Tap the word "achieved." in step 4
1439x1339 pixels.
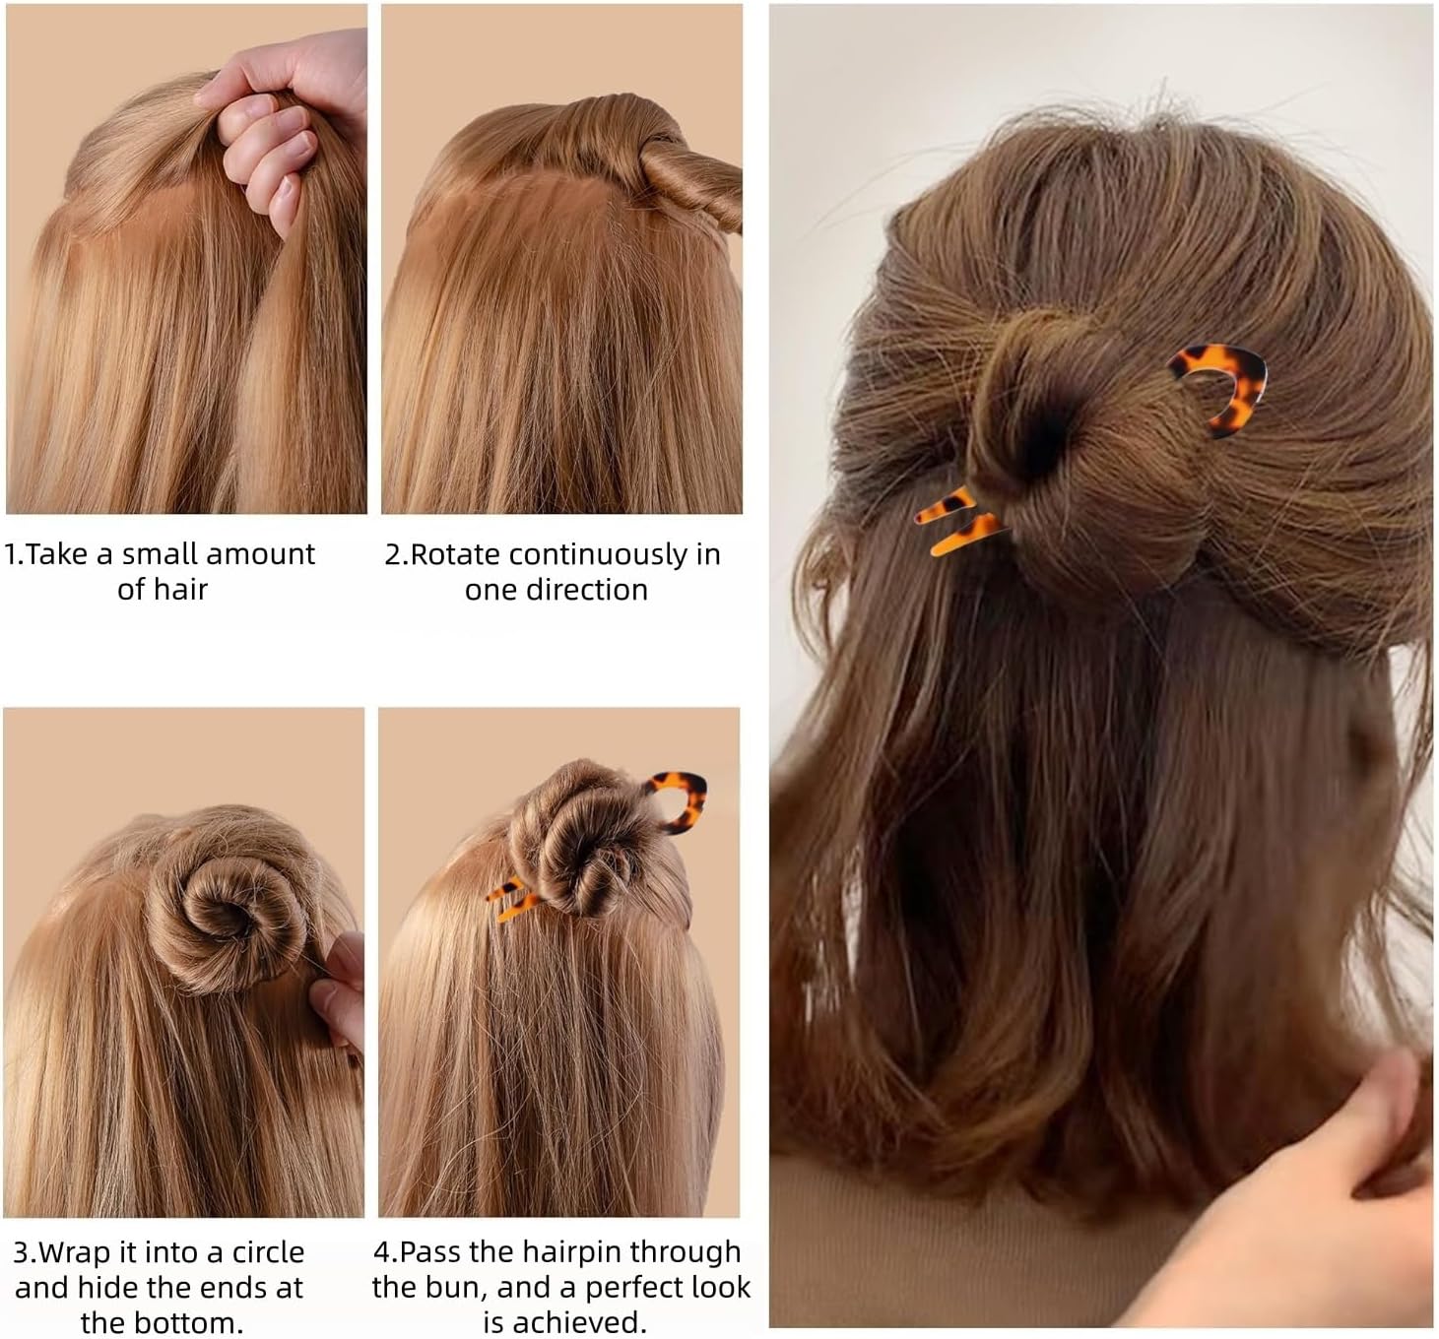564,1322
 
